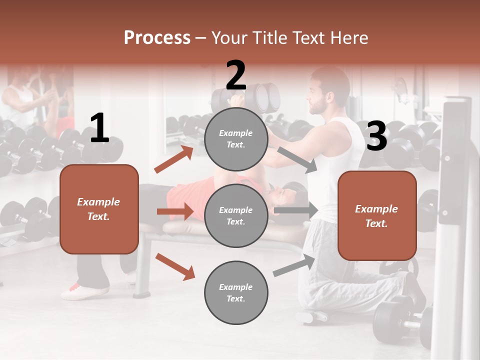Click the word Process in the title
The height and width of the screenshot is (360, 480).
click(x=157, y=37)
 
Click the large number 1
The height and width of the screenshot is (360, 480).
click(x=99, y=128)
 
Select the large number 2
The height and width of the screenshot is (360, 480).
click(x=236, y=75)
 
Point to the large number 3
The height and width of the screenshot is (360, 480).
click(x=376, y=136)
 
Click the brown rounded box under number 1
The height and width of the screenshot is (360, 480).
click(x=99, y=209)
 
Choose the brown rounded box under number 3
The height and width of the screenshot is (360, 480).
click(x=377, y=215)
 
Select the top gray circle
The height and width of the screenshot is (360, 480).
click(x=236, y=139)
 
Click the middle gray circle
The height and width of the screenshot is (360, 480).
click(x=236, y=215)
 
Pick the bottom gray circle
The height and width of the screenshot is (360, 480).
click(x=236, y=292)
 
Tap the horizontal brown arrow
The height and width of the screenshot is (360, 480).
click(x=175, y=211)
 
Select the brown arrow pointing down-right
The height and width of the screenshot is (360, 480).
click(x=175, y=266)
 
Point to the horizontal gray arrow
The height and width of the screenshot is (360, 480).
click(x=295, y=210)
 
